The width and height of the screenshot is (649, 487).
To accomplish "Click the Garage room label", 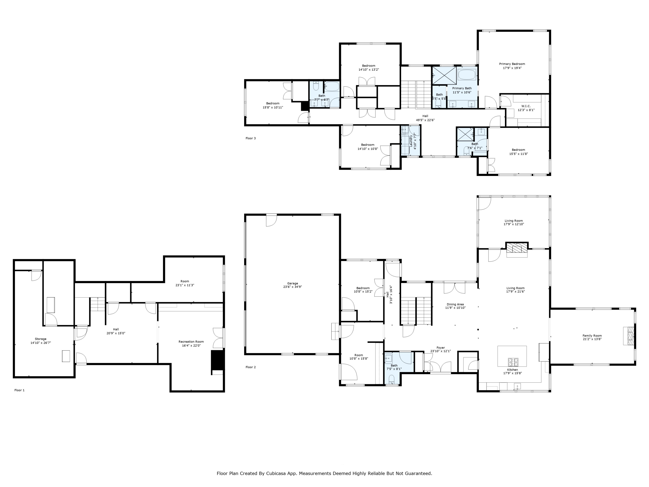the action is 292,283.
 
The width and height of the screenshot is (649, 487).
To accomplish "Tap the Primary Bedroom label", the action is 512,64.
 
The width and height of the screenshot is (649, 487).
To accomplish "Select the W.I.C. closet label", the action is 526,106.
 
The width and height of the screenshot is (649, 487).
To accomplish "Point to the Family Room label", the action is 592,335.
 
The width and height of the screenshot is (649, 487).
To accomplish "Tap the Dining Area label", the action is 455,304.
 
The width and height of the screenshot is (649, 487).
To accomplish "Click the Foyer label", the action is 440,348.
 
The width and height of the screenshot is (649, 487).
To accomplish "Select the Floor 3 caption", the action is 251,138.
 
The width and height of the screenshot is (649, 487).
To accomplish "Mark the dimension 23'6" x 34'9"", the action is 292,287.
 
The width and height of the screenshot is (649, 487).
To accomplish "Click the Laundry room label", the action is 411,141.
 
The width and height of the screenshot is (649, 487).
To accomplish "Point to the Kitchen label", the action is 512,370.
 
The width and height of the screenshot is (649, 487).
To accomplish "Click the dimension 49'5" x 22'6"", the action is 425,120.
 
